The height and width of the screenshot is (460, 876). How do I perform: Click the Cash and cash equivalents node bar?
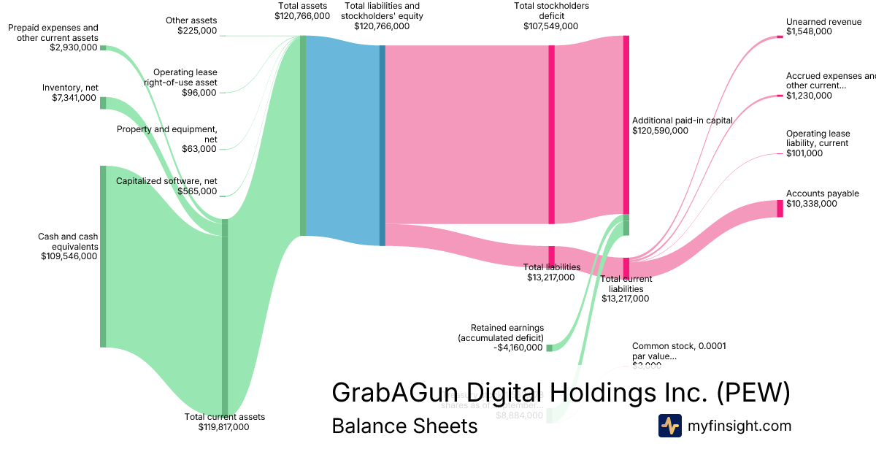(103, 256)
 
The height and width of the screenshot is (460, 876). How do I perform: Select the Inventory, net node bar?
(103, 102)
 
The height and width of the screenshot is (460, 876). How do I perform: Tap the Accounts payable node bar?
(780, 208)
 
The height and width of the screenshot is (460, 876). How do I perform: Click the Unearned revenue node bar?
(780, 37)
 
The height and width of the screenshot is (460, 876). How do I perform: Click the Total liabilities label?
(551, 267)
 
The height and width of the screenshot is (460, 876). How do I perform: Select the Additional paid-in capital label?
(682, 120)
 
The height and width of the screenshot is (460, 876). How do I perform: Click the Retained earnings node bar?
(550, 348)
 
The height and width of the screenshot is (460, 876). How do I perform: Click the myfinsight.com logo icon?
(669, 426)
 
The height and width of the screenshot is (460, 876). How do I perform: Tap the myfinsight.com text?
(739, 426)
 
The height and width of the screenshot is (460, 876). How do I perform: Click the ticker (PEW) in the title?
(753, 392)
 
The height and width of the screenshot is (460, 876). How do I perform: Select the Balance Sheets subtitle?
(404, 426)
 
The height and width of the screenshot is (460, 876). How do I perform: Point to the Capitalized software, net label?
(166, 181)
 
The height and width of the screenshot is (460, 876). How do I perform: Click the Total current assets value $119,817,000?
(224, 427)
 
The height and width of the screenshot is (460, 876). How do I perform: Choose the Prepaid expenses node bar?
(103, 47)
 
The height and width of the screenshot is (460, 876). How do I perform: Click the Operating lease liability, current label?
(817, 139)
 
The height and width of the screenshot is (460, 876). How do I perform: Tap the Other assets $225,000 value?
(196, 30)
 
